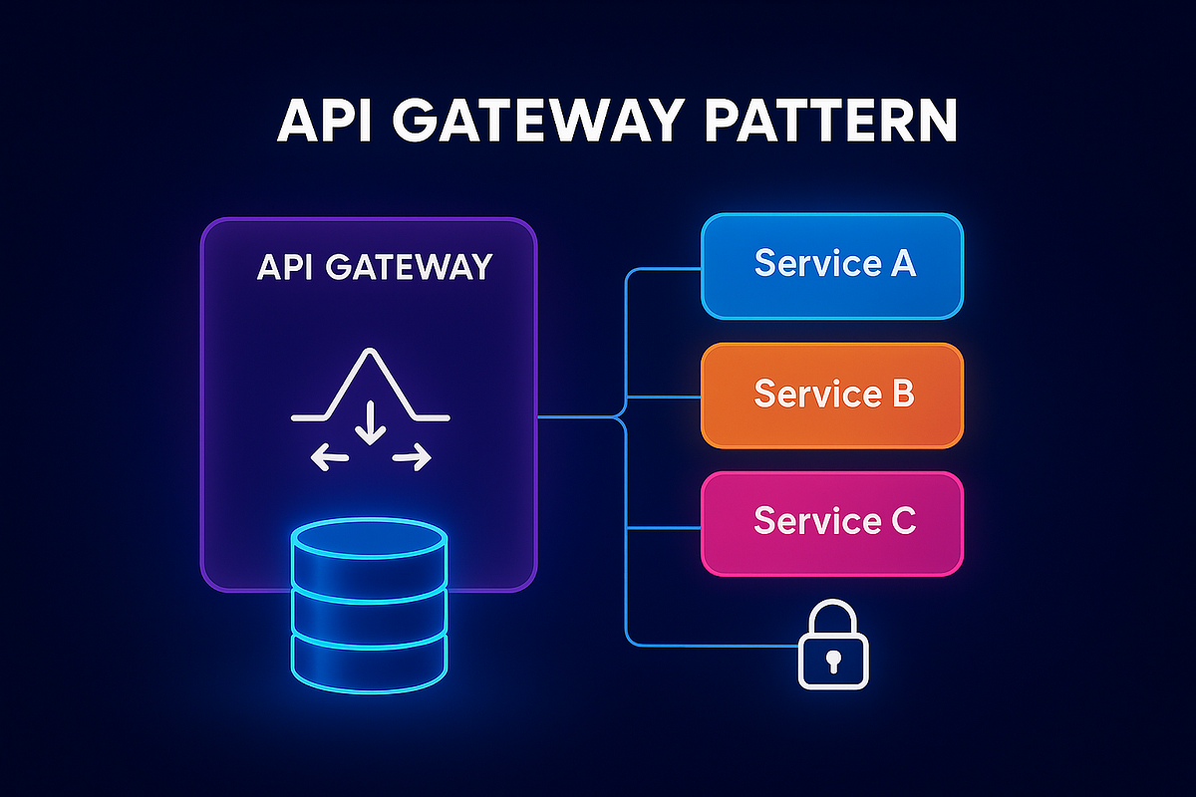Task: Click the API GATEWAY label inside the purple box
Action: click(x=374, y=267)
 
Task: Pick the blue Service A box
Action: click(x=832, y=264)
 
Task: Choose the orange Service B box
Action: click(x=832, y=395)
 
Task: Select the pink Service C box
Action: click(x=832, y=522)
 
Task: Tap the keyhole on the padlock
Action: click(x=834, y=660)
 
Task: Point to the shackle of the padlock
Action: click(x=834, y=618)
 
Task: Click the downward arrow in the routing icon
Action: click(x=371, y=424)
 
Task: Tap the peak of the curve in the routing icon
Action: click(x=370, y=352)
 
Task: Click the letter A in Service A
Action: click(x=900, y=264)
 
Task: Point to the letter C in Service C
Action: click(x=900, y=522)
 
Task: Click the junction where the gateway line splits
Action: click(x=625, y=416)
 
